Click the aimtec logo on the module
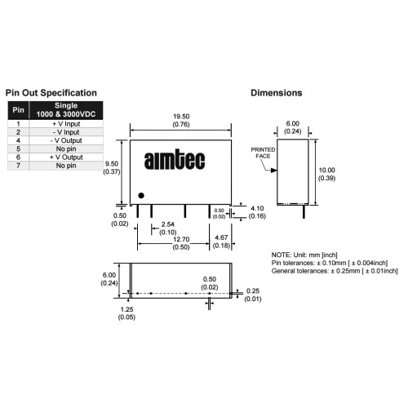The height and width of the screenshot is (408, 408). tap(175, 159)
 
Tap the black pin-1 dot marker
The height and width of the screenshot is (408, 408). tap(141, 195)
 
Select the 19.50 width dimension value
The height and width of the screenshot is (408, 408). tap(181, 117)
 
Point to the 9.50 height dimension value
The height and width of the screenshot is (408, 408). tap(112, 164)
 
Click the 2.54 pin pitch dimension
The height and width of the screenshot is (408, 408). tap(167, 224)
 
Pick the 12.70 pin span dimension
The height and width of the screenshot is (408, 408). tap(181, 239)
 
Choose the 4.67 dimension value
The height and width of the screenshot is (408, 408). tap(221, 237)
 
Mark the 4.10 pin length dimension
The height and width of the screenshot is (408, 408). tap(257, 208)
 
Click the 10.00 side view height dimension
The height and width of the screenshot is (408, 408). tap(326, 171)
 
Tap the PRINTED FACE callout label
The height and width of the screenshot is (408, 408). tap(263, 153)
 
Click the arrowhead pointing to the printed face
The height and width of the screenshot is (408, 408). tap(273, 171)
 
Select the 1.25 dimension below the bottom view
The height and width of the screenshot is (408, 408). tap(126, 309)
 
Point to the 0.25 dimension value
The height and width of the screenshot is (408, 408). tap(253, 291)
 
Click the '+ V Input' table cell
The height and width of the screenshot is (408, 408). tap(66, 124)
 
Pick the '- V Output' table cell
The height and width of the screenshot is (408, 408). tap(66, 140)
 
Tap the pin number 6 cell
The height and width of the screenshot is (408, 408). tap(18, 157)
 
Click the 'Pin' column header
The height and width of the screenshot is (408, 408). tap(18, 110)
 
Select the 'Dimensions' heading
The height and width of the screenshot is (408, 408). tap(277, 93)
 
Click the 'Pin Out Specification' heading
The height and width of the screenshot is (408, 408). tap(51, 93)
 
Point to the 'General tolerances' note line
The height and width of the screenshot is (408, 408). tap(335, 271)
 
